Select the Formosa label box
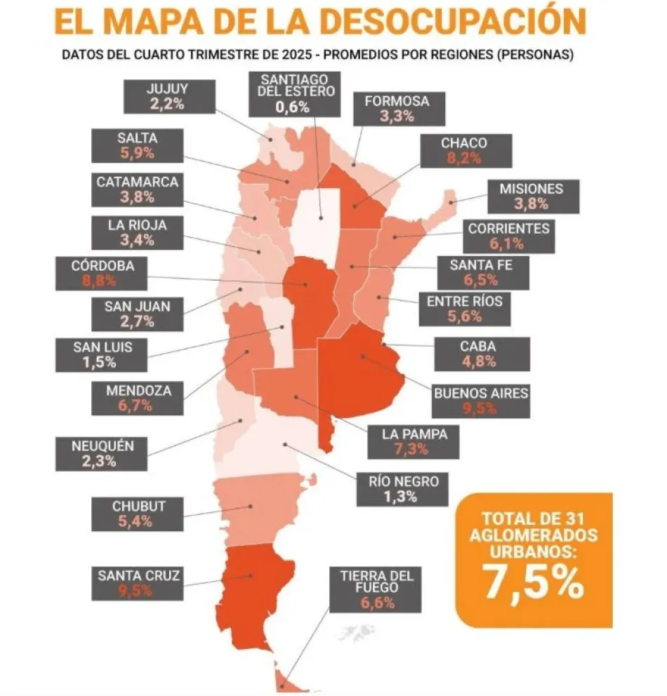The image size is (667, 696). pos(396,109)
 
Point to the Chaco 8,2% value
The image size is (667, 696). pos(463,158)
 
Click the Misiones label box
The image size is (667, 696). pos(531,196)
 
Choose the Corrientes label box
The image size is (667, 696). pos(509,236)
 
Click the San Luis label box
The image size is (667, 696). pos(103,354)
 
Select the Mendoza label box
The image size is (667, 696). pos(138,398)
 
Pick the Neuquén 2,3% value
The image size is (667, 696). pos(102,461)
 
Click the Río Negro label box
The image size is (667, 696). pos(402,488)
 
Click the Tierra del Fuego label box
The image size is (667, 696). pos(377,589)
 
